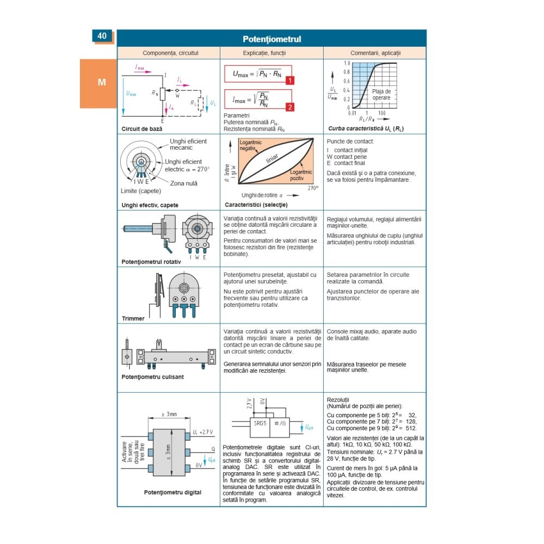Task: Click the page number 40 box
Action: pyautogui.click(x=102, y=36)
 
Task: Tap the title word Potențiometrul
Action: pyautogui.click(x=271, y=39)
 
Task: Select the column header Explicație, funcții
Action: pyautogui.click(x=271, y=53)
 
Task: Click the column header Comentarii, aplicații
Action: pyautogui.click(x=374, y=53)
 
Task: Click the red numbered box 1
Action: pyautogui.click(x=290, y=80)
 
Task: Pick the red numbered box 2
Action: pyautogui.click(x=290, y=107)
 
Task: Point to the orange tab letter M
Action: pyautogui.click(x=102, y=83)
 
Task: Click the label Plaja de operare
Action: pyautogui.click(x=381, y=95)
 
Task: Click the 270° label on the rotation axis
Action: pyautogui.click(x=312, y=188)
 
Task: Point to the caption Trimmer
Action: pyautogui.click(x=133, y=319)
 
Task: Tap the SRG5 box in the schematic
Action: pyautogui.click(x=261, y=423)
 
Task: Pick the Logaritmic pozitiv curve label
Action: pyautogui.click(x=301, y=175)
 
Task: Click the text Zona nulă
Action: pyautogui.click(x=183, y=183)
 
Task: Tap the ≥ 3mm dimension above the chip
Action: pyautogui.click(x=169, y=415)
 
